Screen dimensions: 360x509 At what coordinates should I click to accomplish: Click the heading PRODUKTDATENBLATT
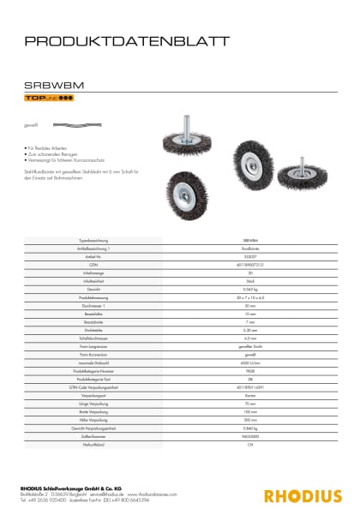tap(126, 40)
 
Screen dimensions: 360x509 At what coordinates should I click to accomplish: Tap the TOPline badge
tap(49, 99)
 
